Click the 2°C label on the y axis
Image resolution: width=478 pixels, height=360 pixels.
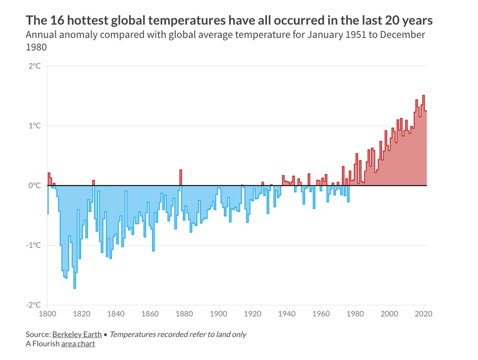tap(34, 66)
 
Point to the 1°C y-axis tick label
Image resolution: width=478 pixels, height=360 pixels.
tap(34, 126)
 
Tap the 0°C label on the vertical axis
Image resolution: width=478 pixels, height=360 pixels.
tap(34, 186)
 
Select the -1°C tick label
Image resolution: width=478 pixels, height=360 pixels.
tap(33, 245)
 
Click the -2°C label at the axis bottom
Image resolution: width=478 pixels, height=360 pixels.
tap(33, 305)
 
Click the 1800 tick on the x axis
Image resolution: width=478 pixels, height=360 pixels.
tap(47, 314)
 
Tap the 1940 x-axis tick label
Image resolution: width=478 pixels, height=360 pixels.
tap(287, 314)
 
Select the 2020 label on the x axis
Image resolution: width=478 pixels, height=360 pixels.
tap(423, 314)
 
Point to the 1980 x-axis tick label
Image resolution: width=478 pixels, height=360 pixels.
tap(355, 314)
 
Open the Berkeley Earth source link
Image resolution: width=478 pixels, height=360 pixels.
tap(77, 335)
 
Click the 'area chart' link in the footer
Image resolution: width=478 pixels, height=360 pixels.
tap(78, 344)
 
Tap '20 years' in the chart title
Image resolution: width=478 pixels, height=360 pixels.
tap(408, 20)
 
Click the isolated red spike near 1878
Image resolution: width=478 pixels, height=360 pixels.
tap(181, 177)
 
